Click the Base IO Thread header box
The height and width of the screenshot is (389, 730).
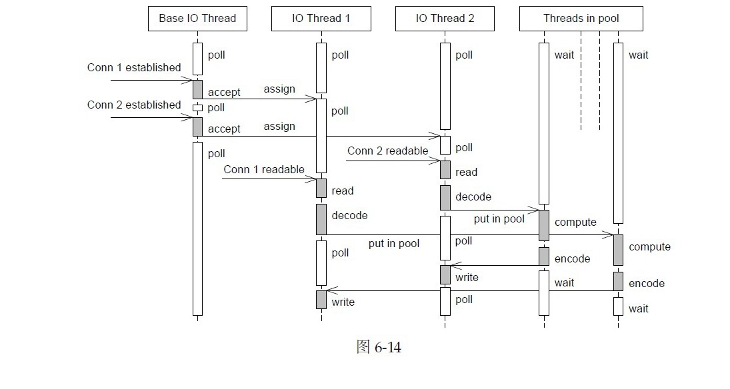(x=197, y=19)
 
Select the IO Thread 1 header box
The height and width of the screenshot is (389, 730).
(x=321, y=19)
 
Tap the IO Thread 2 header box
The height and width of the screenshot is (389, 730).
(x=445, y=19)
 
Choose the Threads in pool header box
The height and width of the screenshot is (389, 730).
(x=581, y=19)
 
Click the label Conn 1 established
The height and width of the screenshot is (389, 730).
(x=134, y=68)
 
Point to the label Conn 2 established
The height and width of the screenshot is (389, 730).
(x=134, y=105)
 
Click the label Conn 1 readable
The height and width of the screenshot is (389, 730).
(x=264, y=170)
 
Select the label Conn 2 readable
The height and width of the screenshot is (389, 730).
(x=387, y=151)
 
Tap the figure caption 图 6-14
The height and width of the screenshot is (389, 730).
(x=379, y=348)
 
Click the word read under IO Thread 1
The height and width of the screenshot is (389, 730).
(x=343, y=191)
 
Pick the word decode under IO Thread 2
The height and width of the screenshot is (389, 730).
(x=473, y=197)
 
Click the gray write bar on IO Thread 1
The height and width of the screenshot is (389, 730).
(x=321, y=300)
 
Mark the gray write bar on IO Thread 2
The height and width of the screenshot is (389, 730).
(x=445, y=274)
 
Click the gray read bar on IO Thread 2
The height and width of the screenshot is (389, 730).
(x=445, y=170)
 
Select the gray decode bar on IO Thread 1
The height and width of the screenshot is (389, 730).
(x=321, y=219)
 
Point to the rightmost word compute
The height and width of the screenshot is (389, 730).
(x=649, y=247)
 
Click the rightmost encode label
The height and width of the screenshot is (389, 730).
(x=647, y=284)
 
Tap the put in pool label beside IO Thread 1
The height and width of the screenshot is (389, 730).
(x=394, y=244)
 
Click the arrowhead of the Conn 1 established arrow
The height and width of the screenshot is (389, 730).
(x=189, y=81)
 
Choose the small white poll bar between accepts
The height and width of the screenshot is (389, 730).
(x=197, y=108)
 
